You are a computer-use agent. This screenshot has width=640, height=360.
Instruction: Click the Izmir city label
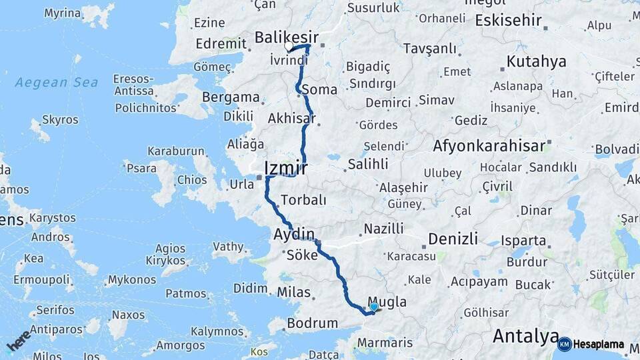coord(286,168)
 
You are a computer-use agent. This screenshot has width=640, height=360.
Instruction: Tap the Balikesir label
coord(287,37)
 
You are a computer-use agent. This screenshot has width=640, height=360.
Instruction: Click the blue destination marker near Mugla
coord(374,307)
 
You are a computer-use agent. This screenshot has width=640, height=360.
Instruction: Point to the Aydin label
coord(293,234)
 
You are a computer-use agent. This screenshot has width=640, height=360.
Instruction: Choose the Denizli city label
coord(453,239)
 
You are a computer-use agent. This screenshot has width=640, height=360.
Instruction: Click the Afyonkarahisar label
coord(489,145)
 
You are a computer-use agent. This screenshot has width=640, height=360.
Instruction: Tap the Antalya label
coord(525,336)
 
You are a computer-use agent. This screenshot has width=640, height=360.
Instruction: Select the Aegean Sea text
coord(57,83)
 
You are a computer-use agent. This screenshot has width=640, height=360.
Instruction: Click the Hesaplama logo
coord(591,344)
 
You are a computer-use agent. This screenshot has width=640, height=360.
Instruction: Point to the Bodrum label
coord(312,323)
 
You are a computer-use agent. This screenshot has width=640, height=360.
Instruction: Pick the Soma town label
coord(319,89)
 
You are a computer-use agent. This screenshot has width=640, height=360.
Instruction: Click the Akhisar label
coord(291,119)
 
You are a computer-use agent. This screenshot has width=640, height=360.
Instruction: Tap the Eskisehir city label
coord(508,20)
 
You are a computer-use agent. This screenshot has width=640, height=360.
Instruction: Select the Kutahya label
coord(536,61)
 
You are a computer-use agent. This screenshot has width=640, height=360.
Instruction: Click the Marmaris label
coord(385,343)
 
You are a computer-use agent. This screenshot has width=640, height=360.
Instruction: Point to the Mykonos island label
coord(133,279)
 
